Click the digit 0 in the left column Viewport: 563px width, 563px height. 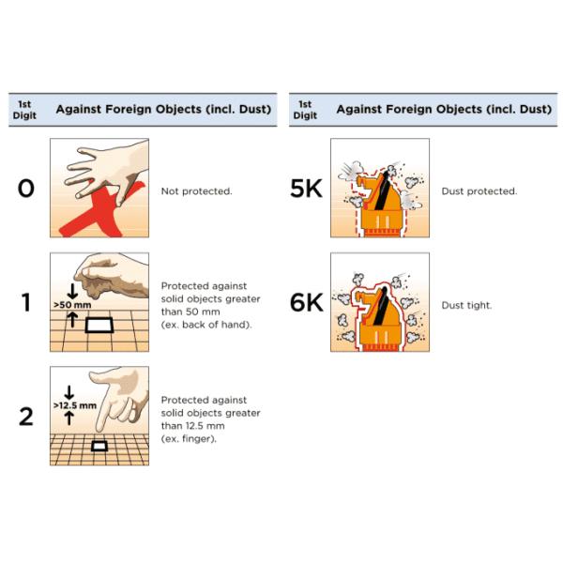pos(26,189)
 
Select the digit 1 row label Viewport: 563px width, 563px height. pos(26,303)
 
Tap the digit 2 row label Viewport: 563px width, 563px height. pos(26,416)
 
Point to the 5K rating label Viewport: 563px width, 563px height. pos(306,189)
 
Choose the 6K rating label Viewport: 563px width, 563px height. pos(306,303)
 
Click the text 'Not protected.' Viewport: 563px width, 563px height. pos(196,190)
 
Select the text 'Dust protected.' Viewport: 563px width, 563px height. pos(479,190)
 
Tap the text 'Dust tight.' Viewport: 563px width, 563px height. pos(466,304)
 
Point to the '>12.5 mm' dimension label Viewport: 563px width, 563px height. pos(74,405)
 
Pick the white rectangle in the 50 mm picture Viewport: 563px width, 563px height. pos(99,326)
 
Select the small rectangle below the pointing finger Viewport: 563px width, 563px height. pos(99,445)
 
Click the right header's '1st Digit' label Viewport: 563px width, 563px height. pos(304,108)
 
